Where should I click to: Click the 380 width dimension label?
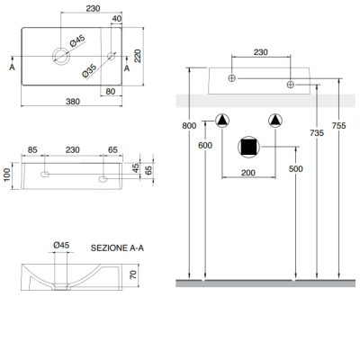(73, 102)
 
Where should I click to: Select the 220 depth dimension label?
(138, 56)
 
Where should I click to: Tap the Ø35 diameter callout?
(89, 71)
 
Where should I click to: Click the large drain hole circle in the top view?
(61, 56)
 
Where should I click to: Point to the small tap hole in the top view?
(112, 56)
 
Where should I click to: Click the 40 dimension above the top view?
(117, 19)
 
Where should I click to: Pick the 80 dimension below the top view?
(111, 91)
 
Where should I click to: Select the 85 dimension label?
(32, 149)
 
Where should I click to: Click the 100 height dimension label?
(7, 175)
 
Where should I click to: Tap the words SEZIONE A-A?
(117, 248)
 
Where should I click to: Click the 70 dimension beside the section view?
(133, 274)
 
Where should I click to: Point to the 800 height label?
(189, 125)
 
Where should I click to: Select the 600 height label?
(205, 145)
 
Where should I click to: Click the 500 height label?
(296, 168)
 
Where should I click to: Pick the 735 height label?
(317, 132)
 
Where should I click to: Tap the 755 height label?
(339, 125)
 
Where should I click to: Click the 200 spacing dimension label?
(248, 173)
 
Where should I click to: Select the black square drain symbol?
(249, 147)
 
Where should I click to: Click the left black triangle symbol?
(222, 121)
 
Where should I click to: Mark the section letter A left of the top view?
(12, 67)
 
